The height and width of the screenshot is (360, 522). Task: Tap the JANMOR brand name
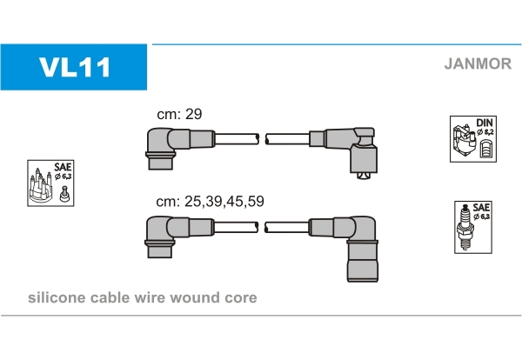click(x=477, y=63)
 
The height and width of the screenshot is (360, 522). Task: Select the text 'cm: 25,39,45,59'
click(x=210, y=201)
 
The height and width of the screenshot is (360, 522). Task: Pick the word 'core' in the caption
click(x=240, y=298)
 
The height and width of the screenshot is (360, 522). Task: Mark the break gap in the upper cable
click(x=262, y=138)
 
